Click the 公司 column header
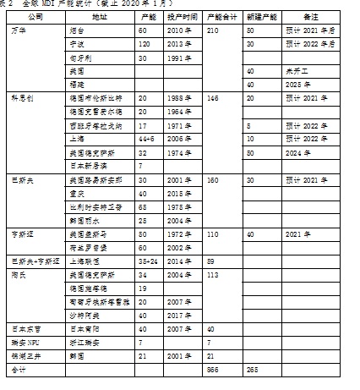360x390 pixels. [x=35, y=17]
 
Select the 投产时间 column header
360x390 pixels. [x=183, y=17]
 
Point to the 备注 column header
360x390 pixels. [x=309, y=17]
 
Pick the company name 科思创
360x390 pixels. [x=20, y=98]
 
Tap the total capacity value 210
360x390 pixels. [x=213, y=30]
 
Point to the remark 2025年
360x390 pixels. [x=295, y=85]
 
